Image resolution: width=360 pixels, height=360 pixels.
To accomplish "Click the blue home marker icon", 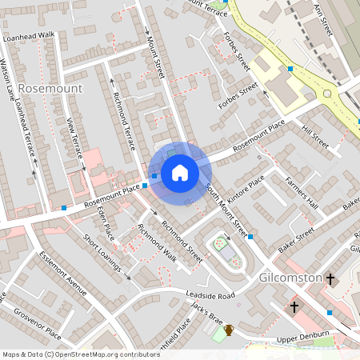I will coord(180,173).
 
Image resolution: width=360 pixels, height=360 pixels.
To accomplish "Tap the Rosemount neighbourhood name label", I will coord(50,87).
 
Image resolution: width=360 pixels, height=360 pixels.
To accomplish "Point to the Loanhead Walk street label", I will coord(28,36).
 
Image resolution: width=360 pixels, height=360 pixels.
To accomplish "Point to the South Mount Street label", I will coord(227,210).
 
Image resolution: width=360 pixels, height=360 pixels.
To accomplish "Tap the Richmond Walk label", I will coord(156,242).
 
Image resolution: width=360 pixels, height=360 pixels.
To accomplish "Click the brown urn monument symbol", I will coord(228,329).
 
